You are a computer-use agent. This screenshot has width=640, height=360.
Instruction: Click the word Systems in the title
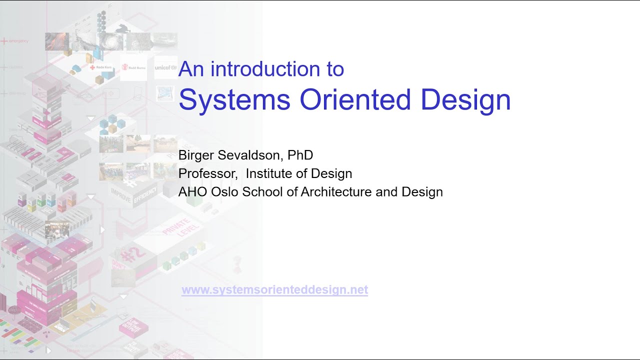[234, 99]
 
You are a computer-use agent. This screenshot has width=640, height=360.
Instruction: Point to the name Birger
[195, 155]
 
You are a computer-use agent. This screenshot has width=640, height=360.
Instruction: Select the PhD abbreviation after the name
[300, 155]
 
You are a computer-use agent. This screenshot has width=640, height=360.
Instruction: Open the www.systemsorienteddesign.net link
[274, 290]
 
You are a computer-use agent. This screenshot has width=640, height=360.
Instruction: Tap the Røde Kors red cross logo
[99, 67]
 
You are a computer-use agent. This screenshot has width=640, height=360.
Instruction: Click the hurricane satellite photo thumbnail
[111, 41]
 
